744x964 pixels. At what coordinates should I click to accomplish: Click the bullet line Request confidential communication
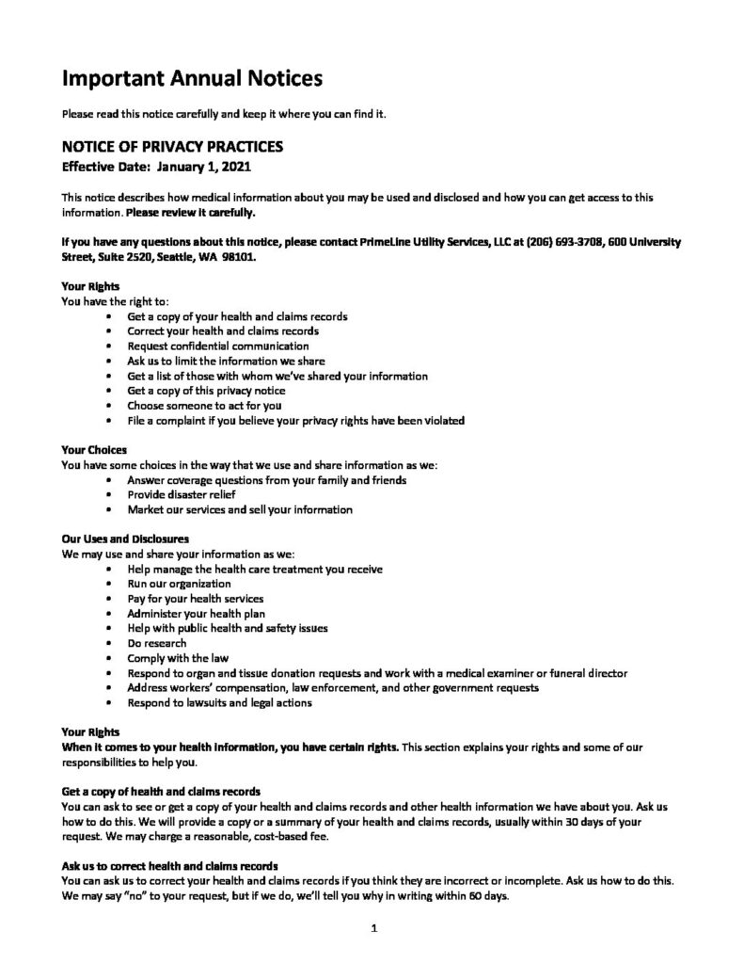pos(218,345)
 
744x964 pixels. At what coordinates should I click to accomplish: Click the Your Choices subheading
pos(93,450)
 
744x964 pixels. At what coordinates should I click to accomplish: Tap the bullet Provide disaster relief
pos(182,494)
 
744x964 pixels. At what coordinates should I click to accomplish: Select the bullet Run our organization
pos(180,584)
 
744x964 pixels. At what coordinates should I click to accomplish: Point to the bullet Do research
pos(157,643)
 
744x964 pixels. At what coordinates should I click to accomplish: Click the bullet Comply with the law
pos(178,658)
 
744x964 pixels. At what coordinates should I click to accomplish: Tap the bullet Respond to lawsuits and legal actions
pos(220,702)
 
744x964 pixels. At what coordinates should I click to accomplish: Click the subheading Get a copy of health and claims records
pos(160,793)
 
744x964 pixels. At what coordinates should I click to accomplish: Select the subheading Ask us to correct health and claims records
pos(171,867)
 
